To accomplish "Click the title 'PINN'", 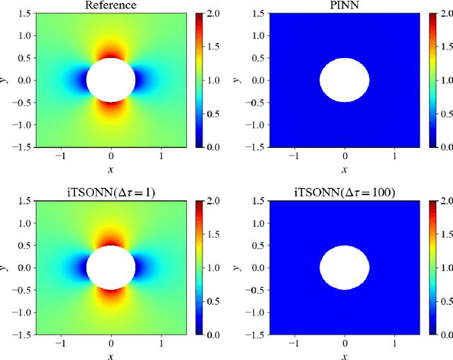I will tap(344, 6).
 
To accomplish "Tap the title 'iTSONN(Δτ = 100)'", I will tap(344, 193).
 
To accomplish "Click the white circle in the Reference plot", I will tap(110, 80).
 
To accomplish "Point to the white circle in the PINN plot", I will tap(344, 80).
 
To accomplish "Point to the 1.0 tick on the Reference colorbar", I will tap(211, 80).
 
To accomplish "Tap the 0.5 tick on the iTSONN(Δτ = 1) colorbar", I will tap(211, 301).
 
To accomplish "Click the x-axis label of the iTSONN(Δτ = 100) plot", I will tap(344, 356).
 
